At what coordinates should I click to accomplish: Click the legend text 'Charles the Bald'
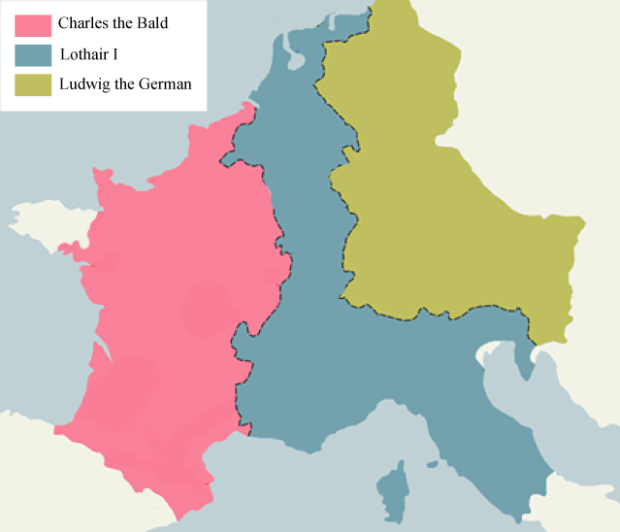[113, 23]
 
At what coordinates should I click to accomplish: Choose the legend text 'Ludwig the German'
[125, 84]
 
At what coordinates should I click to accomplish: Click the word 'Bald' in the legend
[152, 23]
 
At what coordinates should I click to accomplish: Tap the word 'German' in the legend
[167, 84]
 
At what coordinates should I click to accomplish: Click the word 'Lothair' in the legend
[83, 54]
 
